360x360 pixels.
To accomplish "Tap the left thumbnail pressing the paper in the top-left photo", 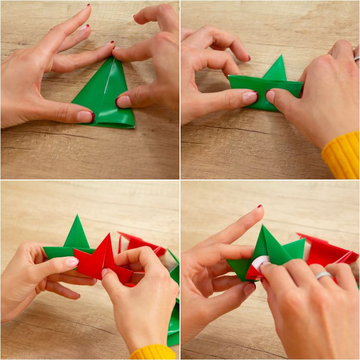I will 85,116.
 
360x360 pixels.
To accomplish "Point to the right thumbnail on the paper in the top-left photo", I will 123,101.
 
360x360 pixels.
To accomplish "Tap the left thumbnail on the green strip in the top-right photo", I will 250,97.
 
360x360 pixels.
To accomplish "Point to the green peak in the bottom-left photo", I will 77,233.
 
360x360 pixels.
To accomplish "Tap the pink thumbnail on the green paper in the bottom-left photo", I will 72,262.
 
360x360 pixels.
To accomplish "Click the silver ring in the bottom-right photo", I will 324,275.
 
